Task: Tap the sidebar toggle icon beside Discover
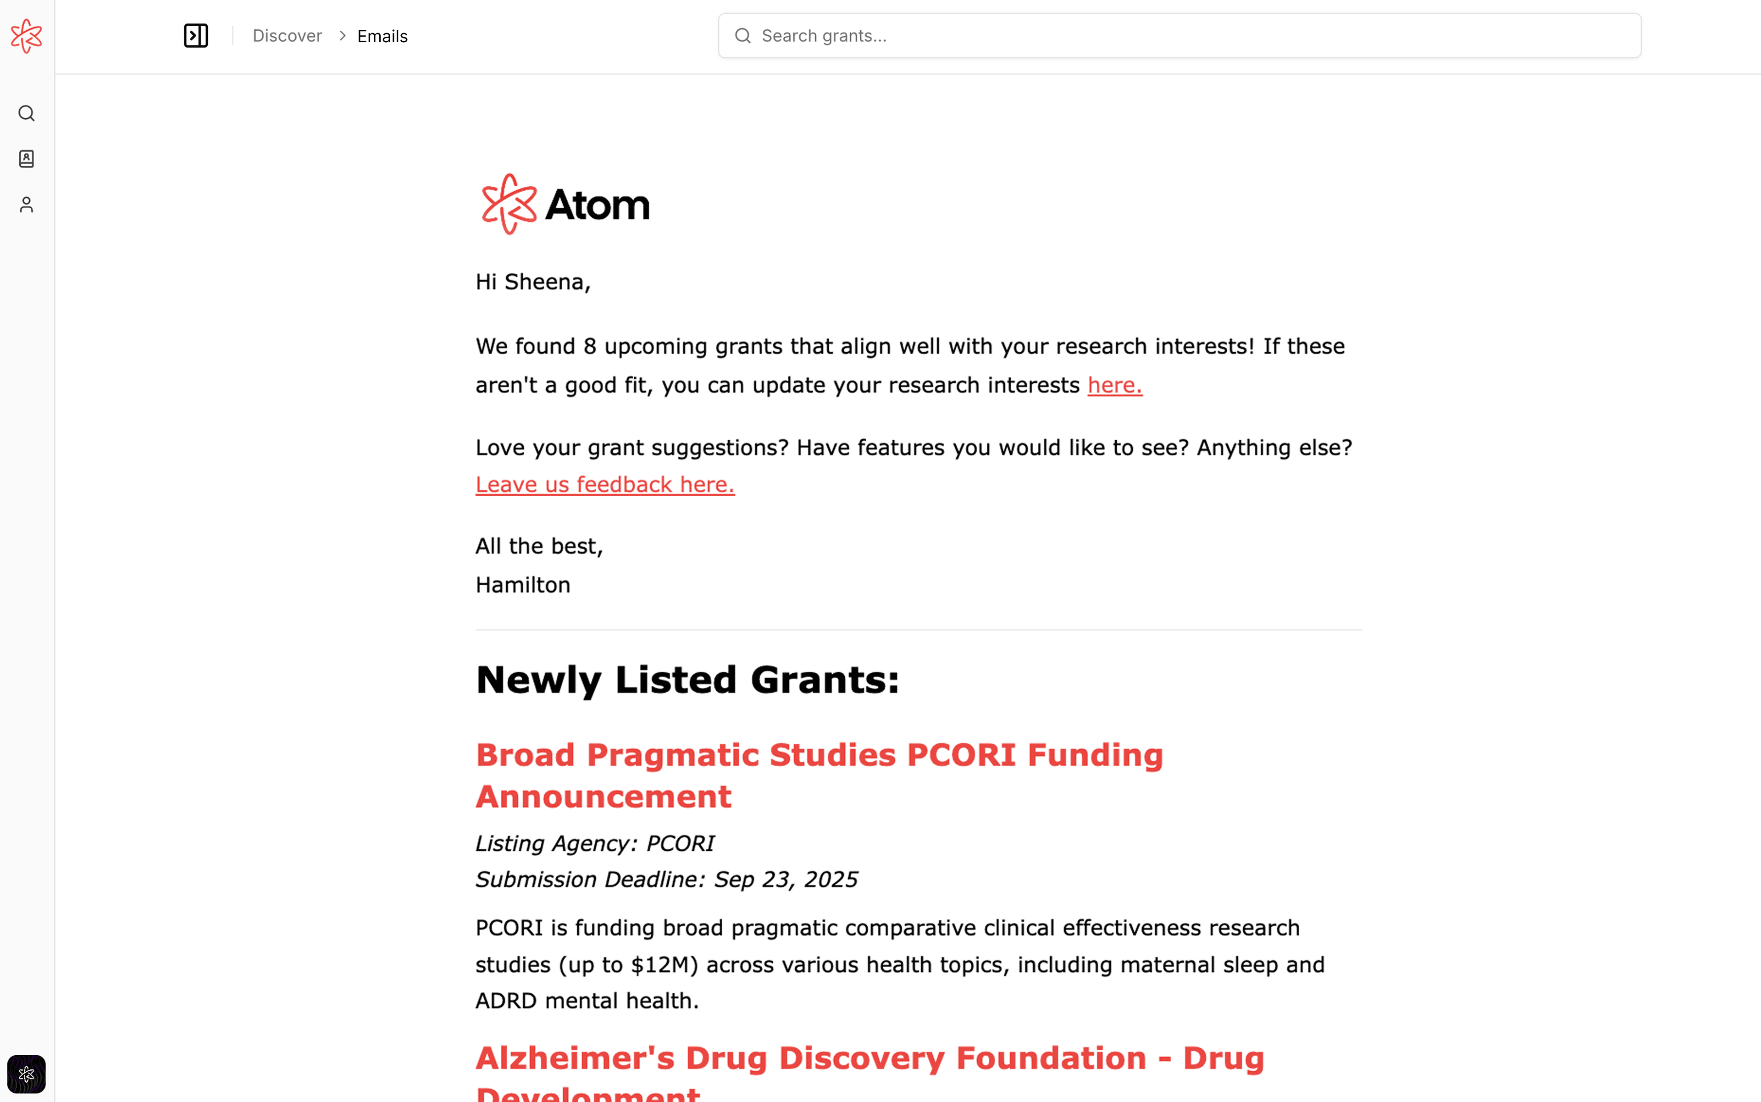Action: [195, 36]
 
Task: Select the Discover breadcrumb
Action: [287, 36]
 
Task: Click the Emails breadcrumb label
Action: [382, 36]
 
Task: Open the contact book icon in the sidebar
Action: [26, 159]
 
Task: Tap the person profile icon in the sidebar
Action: [26, 205]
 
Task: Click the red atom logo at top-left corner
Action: [26, 36]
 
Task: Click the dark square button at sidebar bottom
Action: [26, 1074]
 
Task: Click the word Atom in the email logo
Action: [597, 205]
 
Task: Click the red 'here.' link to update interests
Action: [1114, 385]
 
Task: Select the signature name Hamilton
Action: [523, 585]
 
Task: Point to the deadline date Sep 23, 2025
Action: [785, 880]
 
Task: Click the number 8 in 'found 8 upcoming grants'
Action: [590, 346]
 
